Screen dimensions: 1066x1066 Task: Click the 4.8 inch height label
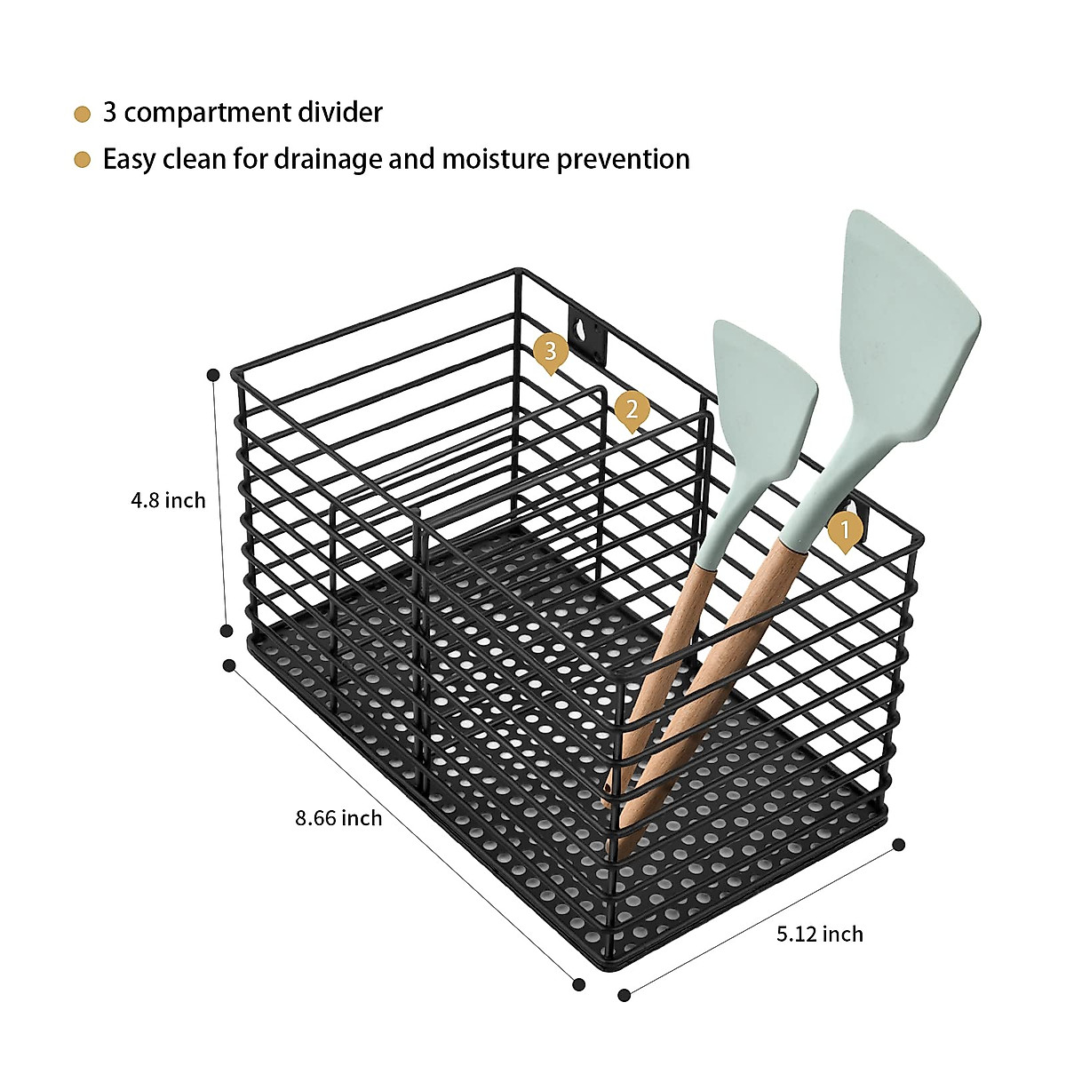[x=168, y=501]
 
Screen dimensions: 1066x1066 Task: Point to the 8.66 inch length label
[x=338, y=817]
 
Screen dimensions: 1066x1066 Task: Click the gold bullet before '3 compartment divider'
[x=82, y=115]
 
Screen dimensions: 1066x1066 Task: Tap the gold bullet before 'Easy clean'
[x=82, y=161]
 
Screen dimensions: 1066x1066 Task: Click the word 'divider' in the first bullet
[x=340, y=112]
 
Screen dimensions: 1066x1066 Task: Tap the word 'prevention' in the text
[x=624, y=161]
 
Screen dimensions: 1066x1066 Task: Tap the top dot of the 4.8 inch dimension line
[x=213, y=375]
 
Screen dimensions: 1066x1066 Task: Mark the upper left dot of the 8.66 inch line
[x=229, y=665]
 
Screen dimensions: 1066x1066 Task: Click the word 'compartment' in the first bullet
[x=208, y=114]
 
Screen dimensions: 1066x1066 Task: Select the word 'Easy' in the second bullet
[x=130, y=161]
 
